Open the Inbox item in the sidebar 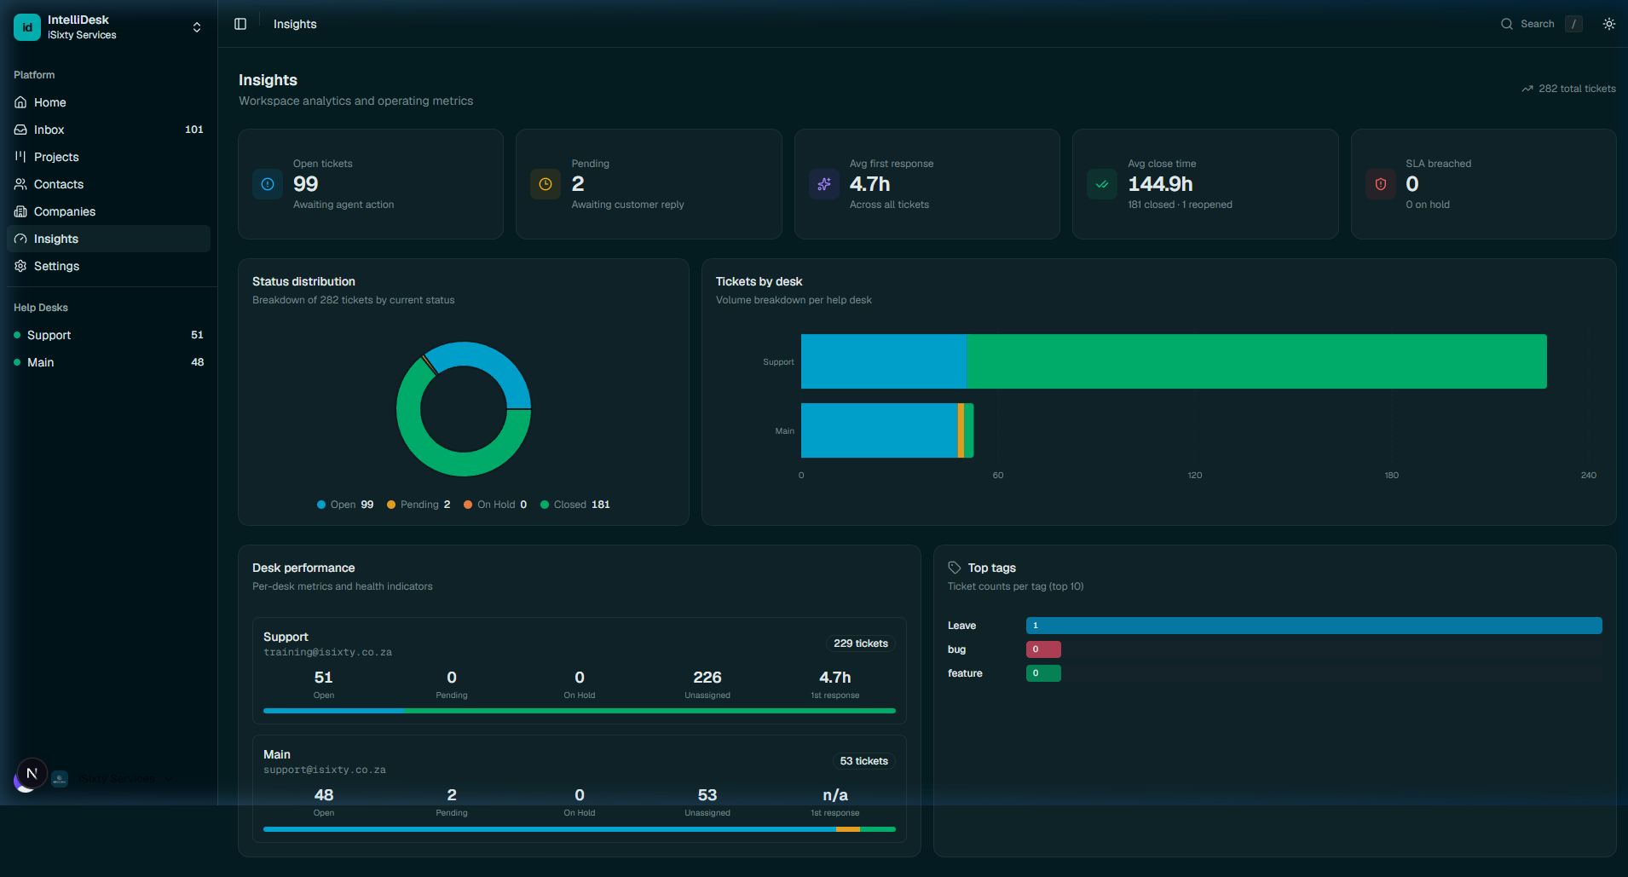(49, 130)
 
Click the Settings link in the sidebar (56, 266)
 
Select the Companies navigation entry (64, 211)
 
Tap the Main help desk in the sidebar (40, 362)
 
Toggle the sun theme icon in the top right (1608, 24)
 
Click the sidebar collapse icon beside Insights (240, 24)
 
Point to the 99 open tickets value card (306, 184)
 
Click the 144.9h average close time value (1160, 184)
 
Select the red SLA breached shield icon (1380, 184)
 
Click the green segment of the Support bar (1256, 361)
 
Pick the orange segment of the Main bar (961, 430)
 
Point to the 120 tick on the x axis (1195, 476)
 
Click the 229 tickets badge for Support (860, 643)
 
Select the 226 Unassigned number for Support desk (707, 678)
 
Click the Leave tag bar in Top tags (1313, 626)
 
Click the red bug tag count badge (1043, 649)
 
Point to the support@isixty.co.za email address (325, 770)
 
